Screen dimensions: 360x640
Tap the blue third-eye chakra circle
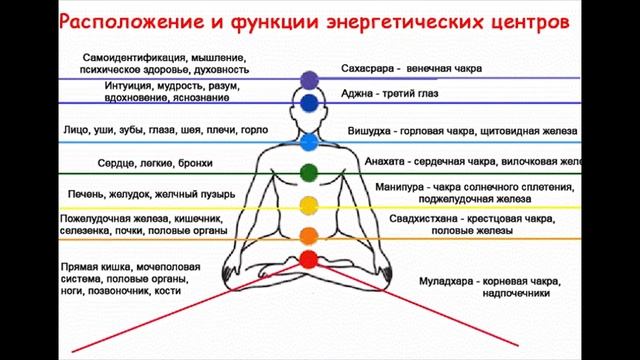point(308,102)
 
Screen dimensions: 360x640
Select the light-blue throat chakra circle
point(308,140)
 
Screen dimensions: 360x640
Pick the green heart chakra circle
point(308,172)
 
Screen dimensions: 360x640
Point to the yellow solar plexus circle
point(308,206)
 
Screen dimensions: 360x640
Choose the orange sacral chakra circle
point(308,235)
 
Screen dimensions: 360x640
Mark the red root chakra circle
point(308,260)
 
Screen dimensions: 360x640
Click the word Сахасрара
point(370,69)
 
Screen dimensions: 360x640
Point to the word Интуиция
point(127,86)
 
